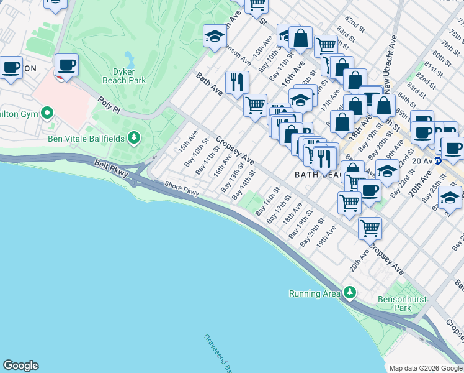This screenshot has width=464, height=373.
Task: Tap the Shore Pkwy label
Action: (x=182, y=188)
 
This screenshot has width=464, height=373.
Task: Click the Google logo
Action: (x=20, y=366)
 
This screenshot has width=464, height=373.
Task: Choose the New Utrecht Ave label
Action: (x=390, y=60)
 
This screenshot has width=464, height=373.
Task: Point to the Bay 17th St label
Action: (x=279, y=211)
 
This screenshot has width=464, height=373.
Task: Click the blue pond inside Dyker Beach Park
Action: (x=129, y=60)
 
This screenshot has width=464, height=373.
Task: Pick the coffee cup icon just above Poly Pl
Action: (x=66, y=65)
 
